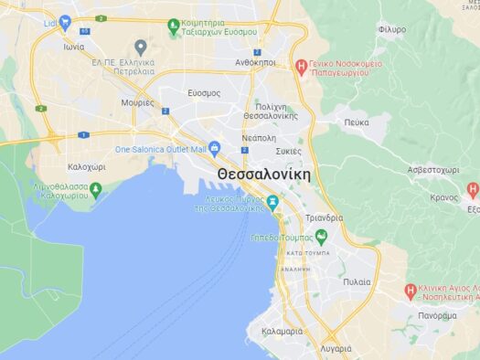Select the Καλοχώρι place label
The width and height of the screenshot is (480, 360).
click(87, 167)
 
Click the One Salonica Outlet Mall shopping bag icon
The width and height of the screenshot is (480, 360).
click(215, 147)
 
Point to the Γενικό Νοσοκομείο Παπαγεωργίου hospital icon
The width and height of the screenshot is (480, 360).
click(301, 65)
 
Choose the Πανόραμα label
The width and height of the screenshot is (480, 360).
click(436, 315)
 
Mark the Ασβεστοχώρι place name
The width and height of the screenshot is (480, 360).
click(432, 170)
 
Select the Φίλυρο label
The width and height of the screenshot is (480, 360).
click(391, 29)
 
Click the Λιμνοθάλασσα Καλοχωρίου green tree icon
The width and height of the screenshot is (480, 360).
click(95, 189)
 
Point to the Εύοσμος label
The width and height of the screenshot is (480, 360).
click(204, 93)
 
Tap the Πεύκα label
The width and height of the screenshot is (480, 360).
click(357, 122)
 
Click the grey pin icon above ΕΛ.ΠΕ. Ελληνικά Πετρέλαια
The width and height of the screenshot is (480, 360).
click(140, 47)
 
